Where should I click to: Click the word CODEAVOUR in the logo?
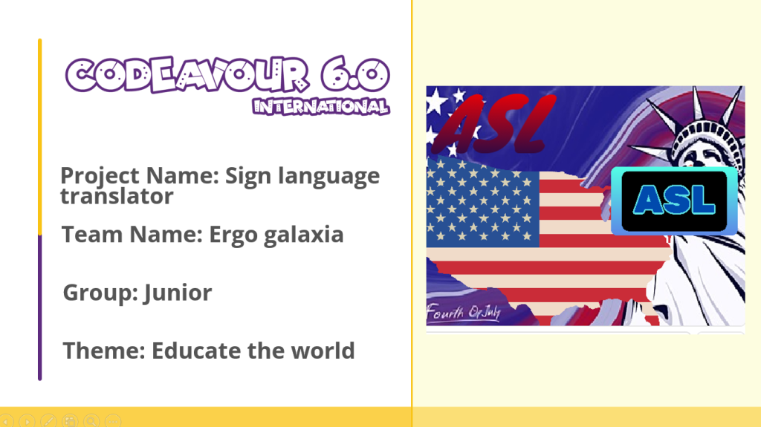tap(187, 74)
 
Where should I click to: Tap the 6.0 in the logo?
tap(354, 74)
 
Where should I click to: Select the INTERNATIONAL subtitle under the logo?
tap(321, 106)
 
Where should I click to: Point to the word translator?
tap(117, 196)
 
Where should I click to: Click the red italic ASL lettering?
tap(493, 124)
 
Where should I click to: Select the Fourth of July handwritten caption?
tap(464, 312)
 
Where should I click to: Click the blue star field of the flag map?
tap(482, 203)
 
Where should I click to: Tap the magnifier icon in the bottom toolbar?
tap(91, 421)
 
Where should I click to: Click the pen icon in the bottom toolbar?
tap(48, 421)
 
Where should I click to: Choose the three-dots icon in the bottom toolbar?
tap(113, 421)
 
